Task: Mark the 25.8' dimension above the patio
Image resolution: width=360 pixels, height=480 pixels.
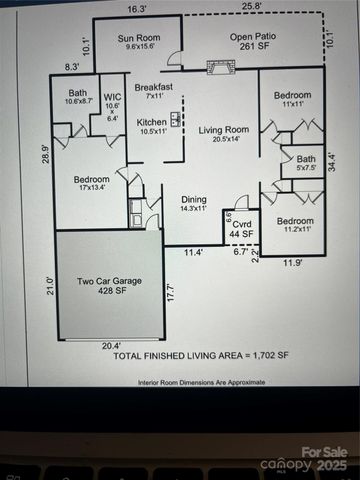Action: point(251,8)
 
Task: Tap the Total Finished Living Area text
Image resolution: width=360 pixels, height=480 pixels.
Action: point(201,355)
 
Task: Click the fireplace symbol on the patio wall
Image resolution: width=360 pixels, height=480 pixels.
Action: point(218,68)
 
